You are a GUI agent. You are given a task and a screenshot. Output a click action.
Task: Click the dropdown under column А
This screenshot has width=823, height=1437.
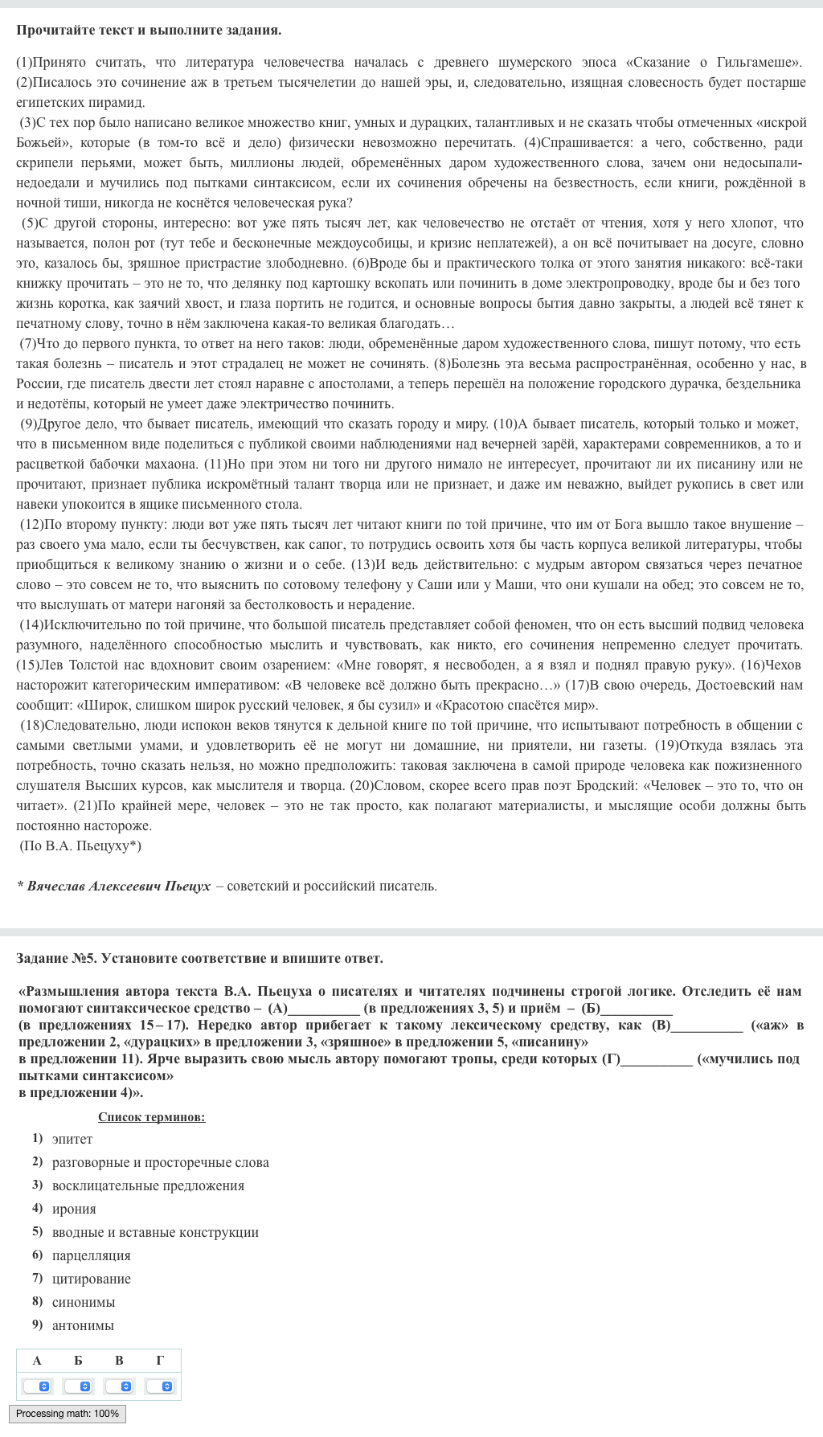coord(37,1386)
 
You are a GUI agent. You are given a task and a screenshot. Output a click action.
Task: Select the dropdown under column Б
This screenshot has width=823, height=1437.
coord(78,1386)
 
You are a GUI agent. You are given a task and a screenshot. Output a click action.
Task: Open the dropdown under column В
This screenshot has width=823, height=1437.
coord(119,1386)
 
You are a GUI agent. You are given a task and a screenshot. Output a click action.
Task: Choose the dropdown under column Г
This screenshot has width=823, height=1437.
coord(160,1386)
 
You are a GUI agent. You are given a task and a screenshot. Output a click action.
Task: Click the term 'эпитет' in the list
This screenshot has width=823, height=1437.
coord(72,1139)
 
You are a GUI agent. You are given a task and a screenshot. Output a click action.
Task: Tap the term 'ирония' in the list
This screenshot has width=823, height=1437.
coord(74,1209)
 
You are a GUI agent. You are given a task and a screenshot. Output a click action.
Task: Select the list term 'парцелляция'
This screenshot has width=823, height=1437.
coord(91,1255)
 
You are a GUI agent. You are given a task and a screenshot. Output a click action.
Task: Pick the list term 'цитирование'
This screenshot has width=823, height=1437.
coord(91,1279)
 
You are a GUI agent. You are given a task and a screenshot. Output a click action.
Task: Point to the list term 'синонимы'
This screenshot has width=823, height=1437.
coord(84,1302)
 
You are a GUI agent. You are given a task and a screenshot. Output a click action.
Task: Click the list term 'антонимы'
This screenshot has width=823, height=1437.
coord(83,1325)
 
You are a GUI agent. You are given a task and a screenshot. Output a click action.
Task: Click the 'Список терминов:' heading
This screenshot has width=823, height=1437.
coord(151,1117)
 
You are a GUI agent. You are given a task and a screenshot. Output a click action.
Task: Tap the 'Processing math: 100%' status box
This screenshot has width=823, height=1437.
coord(68,1414)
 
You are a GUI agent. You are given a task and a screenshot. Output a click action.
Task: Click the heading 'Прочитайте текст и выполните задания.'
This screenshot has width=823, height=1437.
coord(149,31)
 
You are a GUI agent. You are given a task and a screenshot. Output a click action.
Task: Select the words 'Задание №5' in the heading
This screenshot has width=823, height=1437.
coord(55,958)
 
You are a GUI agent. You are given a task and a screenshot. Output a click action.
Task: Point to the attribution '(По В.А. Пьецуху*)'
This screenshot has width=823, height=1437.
coord(80,845)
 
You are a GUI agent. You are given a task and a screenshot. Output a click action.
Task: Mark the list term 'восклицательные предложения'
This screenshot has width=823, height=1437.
coord(148,1185)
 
